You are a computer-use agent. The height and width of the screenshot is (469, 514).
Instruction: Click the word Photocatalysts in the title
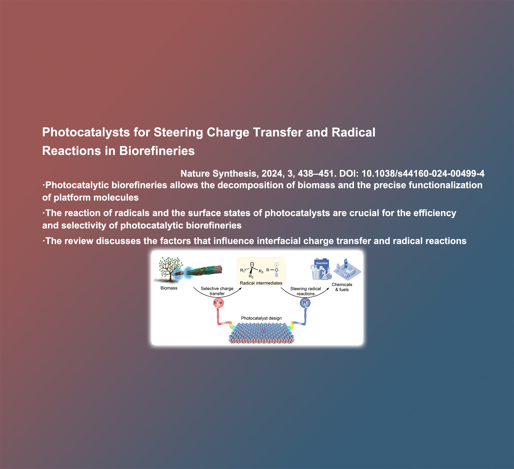[x=86, y=133]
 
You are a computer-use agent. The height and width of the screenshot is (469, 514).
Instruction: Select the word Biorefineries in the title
[x=157, y=151]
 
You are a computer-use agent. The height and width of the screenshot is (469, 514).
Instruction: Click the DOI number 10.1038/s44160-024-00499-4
[x=423, y=173]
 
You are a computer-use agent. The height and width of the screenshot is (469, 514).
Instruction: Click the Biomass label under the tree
[x=169, y=288]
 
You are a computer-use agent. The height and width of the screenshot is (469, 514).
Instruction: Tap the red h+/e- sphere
[x=218, y=303]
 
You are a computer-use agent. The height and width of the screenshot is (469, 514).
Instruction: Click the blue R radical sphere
[x=305, y=303]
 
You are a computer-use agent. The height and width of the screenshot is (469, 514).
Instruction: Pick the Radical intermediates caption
[x=261, y=283]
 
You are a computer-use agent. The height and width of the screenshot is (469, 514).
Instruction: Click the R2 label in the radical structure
[x=251, y=277]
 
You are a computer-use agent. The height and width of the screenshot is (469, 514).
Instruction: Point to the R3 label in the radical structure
[x=261, y=271]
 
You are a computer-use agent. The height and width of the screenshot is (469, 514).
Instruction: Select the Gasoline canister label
[x=322, y=263]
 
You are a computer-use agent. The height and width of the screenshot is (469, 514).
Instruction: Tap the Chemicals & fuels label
[x=342, y=287]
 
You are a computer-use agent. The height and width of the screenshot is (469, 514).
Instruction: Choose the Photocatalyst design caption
[x=261, y=318]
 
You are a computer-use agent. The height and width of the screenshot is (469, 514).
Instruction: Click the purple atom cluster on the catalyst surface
[x=263, y=330]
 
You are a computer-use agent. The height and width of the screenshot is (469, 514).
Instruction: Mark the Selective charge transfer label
[x=217, y=291]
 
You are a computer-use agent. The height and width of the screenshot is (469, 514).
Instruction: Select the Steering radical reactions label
[x=306, y=291]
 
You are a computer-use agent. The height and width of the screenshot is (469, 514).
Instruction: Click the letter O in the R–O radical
[x=277, y=270]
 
